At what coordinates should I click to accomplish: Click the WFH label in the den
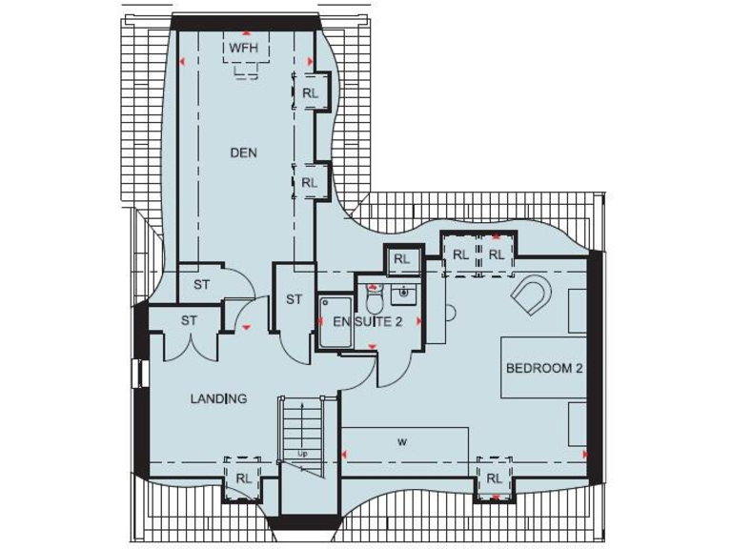[x=246, y=47]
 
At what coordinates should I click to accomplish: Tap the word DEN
[x=243, y=152]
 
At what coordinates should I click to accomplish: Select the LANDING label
[x=218, y=398]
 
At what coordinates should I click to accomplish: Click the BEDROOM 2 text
[x=543, y=368]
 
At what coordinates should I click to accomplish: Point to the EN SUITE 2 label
[x=367, y=322]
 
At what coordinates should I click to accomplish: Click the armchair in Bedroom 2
[x=531, y=295]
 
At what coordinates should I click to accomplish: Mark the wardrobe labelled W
[x=404, y=443]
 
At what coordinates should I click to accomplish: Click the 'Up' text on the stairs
[x=302, y=453]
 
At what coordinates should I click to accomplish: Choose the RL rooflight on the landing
[x=243, y=478]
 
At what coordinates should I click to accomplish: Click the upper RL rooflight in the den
[x=310, y=92]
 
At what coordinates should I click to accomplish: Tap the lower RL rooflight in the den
[x=310, y=182]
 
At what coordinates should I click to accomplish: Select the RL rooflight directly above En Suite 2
[x=401, y=258]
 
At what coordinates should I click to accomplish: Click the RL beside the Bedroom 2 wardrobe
[x=494, y=478]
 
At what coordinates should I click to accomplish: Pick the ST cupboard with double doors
[x=189, y=321]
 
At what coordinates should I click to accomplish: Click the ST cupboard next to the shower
[x=294, y=299]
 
